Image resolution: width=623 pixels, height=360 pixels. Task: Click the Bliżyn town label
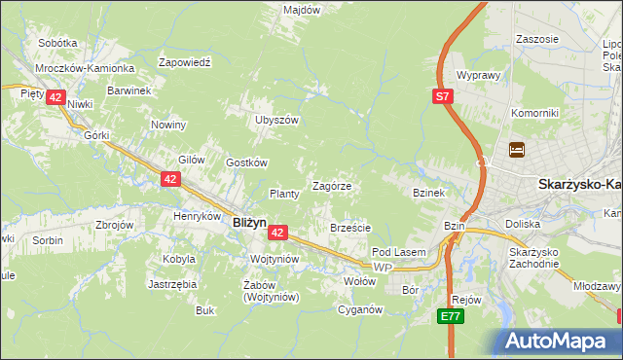point(249,222)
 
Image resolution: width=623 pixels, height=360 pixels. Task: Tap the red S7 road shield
point(442,95)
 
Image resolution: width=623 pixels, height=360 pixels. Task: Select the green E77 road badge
point(449,316)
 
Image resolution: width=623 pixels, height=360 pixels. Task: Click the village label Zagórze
point(331,185)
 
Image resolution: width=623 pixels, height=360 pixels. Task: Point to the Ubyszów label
point(275,120)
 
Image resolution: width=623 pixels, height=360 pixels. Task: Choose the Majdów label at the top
point(302,10)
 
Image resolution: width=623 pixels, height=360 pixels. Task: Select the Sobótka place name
point(57,43)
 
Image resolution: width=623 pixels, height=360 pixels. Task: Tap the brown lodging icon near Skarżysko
point(516,150)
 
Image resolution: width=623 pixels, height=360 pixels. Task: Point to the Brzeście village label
point(350,228)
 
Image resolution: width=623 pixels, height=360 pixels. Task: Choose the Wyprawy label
point(477,75)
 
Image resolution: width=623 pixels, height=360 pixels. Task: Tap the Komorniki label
point(534,113)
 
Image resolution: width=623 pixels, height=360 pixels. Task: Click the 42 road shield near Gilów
point(170,179)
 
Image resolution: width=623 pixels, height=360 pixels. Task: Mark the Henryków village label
point(197,216)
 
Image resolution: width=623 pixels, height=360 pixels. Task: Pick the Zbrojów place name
point(114,224)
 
